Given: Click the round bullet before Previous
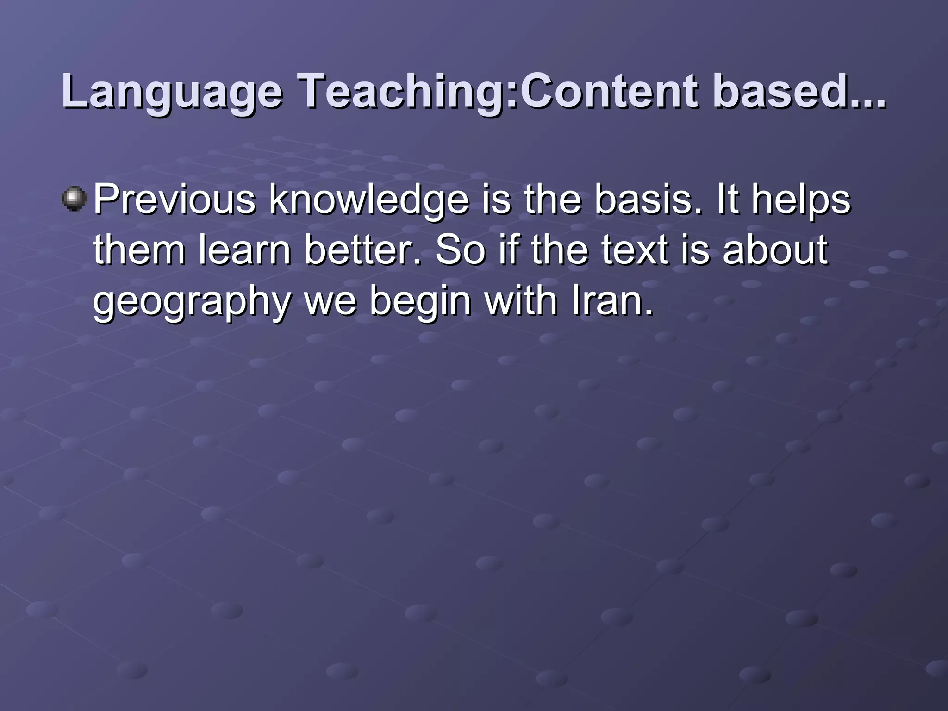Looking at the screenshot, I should pyautogui.click(x=74, y=199).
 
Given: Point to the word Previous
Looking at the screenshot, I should pyautogui.click(x=174, y=200).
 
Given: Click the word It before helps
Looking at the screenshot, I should pyautogui.click(x=728, y=200).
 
